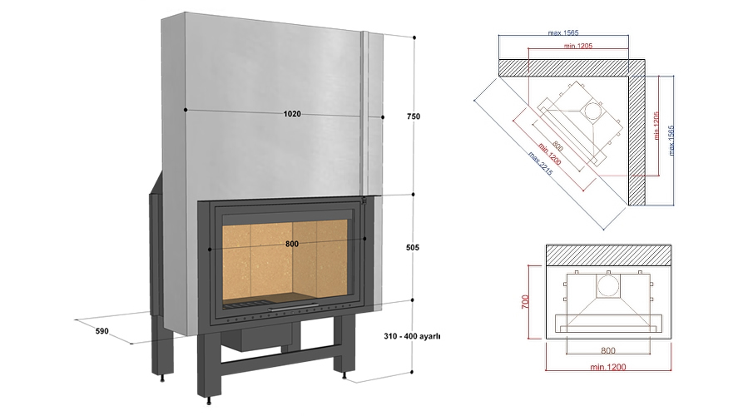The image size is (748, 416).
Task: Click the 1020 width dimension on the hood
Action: click(x=291, y=114)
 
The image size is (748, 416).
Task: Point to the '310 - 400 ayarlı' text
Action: click(x=412, y=337)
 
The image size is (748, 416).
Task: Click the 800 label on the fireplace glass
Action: click(x=291, y=244)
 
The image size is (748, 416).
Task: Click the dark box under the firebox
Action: click(x=265, y=334)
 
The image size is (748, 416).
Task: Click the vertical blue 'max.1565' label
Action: click(x=675, y=138)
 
